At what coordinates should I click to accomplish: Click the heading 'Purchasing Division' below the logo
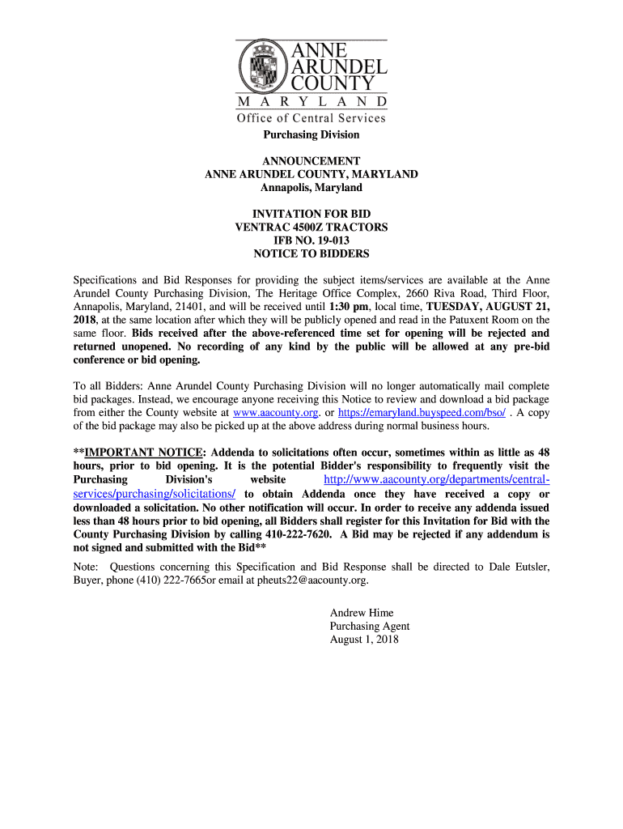pos(311,134)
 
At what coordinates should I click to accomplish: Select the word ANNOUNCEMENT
pos(311,161)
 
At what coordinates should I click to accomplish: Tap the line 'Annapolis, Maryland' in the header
pos(311,188)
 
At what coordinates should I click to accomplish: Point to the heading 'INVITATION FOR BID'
pos(311,215)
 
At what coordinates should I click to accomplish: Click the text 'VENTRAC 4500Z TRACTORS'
pos(311,227)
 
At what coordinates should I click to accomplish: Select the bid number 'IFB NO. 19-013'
pos(311,240)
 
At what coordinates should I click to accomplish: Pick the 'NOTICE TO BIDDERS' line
pos(311,253)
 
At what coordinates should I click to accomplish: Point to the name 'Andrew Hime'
pos(362,613)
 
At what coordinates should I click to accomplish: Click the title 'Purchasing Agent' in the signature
pos(370,626)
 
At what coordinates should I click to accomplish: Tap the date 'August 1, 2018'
pos(364,639)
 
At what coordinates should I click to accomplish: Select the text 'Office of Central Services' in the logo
pos(311,118)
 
